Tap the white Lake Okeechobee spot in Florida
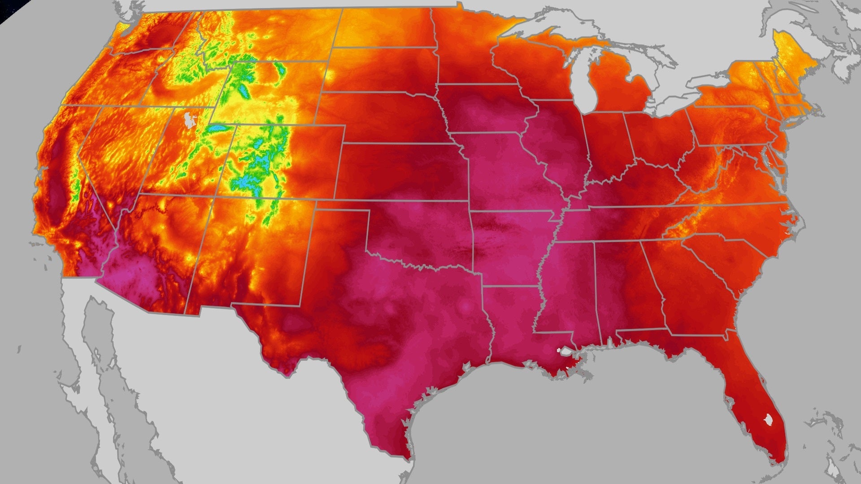[x=769, y=420]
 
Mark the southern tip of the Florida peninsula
[x=780, y=462]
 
